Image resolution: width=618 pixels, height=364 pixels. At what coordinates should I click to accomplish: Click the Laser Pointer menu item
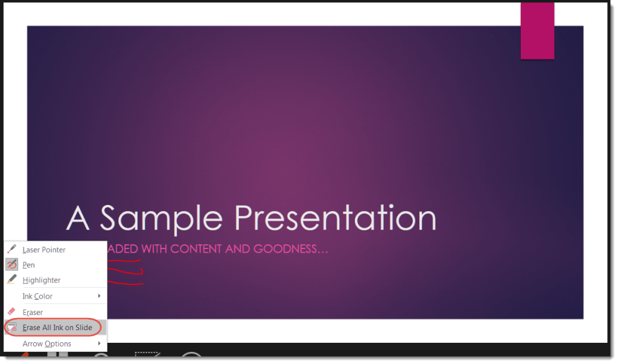click(x=43, y=250)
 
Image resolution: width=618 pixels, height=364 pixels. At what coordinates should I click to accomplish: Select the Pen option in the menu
click(x=28, y=265)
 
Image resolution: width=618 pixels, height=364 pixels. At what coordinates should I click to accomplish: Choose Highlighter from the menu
click(x=41, y=280)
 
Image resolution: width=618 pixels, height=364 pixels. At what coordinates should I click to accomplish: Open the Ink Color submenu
click(x=37, y=296)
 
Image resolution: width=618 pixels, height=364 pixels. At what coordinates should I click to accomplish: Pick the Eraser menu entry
click(x=33, y=312)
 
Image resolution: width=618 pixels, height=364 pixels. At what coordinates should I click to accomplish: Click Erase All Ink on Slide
click(x=57, y=328)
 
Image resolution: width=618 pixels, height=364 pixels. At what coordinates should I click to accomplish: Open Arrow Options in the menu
click(x=46, y=343)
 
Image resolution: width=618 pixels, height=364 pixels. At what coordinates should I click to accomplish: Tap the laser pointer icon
click(x=11, y=249)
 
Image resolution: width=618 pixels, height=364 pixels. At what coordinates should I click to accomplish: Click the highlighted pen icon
click(x=11, y=265)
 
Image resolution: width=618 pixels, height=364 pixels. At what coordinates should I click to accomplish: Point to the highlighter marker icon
click(x=11, y=280)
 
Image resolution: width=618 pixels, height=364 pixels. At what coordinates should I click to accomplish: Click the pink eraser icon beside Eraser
click(x=11, y=312)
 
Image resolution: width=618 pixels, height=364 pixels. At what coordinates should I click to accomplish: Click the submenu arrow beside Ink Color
click(x=99, y=296)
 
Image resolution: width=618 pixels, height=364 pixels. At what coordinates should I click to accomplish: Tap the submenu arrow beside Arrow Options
click(x=99, y=343)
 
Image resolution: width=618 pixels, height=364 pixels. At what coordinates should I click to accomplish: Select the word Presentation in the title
click(x=335, y=218)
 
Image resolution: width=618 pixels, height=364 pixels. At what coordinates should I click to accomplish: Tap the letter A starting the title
click(x=78, y=218)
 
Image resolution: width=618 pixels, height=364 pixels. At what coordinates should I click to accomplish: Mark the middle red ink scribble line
click(x=125, y=272)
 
